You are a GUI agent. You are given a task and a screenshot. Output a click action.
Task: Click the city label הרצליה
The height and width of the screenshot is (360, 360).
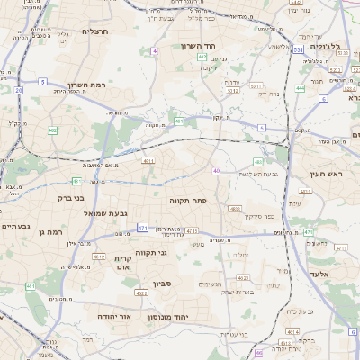94,31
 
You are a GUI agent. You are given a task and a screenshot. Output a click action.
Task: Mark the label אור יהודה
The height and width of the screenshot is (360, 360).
114,317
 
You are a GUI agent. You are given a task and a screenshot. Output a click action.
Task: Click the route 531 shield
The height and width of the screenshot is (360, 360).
297,50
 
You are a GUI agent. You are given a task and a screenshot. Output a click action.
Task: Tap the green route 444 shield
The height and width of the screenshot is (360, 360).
300,88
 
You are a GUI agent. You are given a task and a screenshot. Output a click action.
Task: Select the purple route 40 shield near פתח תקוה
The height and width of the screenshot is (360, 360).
217,170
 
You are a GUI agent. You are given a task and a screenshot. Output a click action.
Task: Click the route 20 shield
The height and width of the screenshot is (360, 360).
18,90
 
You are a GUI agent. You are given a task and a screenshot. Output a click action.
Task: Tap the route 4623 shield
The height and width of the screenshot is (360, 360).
235,208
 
